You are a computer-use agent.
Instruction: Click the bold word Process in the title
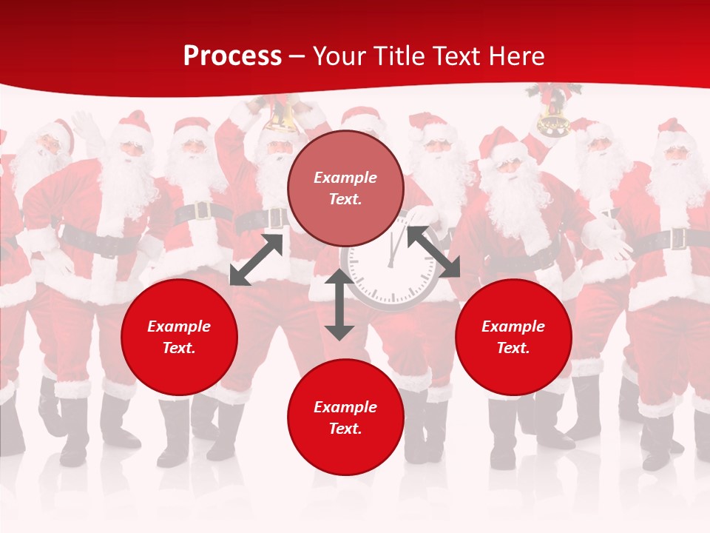[232, 56]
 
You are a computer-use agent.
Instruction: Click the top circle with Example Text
[345, 188]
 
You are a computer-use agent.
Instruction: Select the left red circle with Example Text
[179, 337]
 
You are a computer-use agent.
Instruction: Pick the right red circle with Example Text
[513, 337]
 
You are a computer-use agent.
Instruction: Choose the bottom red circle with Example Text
[345, 418]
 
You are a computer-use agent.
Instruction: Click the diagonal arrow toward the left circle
[256, 259]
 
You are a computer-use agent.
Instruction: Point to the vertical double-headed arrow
[339, 304]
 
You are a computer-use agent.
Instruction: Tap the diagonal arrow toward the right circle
[433, 252]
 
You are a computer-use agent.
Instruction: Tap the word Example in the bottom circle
[345, 407]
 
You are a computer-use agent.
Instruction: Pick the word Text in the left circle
[179, 348]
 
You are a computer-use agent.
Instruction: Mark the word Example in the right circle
[513, 326]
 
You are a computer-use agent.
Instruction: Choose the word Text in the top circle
[345, 199]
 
